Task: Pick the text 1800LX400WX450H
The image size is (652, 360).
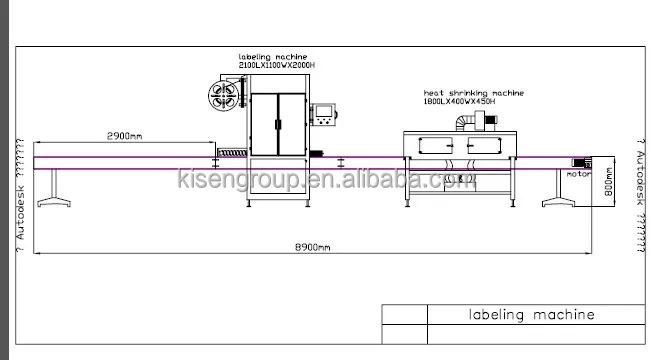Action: (459, 101)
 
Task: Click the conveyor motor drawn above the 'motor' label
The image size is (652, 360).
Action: (581, 161)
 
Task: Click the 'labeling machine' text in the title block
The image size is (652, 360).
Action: (531, 315)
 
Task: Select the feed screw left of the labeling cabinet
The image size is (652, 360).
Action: (231, 155)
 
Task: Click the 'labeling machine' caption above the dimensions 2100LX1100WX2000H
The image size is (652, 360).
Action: (272, 56)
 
